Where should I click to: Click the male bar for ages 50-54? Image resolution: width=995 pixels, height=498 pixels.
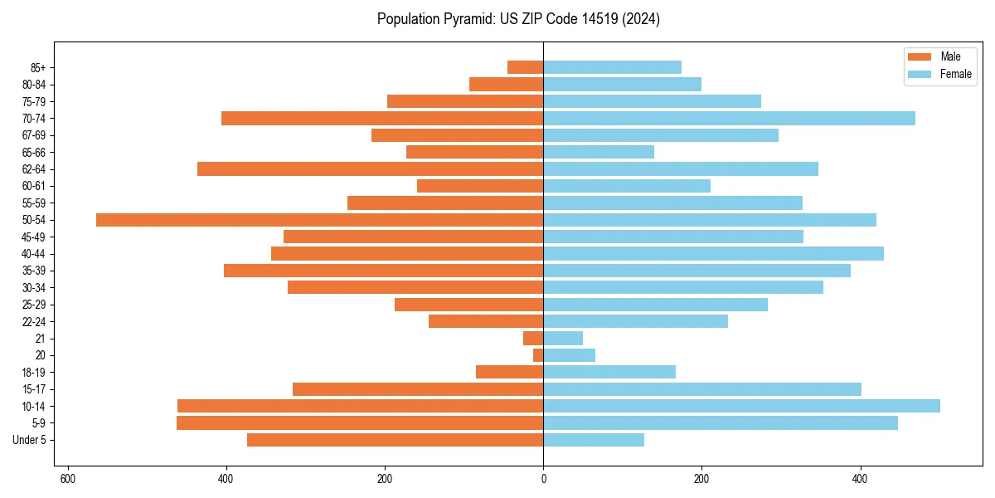point(319,220)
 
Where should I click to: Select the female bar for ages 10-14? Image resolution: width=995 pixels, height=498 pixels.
point(741,406)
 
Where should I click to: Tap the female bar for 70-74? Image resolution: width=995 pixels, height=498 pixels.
point(729,119)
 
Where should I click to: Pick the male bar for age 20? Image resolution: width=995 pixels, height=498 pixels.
point(538,355)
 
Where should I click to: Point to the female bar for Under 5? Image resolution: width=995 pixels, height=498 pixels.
point(594,440)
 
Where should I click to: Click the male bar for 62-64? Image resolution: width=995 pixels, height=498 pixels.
point(370,169)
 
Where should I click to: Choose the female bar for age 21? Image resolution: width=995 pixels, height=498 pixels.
point(563,339)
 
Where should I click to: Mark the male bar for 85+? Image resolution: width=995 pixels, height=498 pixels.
point(525,67)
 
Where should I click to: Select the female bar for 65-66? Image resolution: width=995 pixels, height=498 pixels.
point(599,152)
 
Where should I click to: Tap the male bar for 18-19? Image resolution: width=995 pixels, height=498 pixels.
point(509,372)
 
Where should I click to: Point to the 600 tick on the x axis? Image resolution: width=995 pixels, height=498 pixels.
point(68,479)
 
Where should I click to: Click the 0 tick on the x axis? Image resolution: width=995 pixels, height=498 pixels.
point(543,479)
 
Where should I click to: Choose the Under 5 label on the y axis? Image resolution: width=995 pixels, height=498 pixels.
point(29,440)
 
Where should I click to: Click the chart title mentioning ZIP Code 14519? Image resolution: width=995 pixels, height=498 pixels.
point(518,19)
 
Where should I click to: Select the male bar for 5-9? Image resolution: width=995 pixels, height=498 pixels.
point(360,423)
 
